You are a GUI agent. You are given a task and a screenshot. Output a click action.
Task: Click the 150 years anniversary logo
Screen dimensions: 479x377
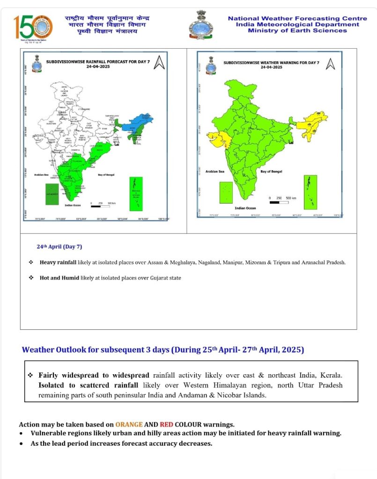[33, 27]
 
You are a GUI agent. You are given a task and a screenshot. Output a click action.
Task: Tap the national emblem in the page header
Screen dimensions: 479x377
[201, 24]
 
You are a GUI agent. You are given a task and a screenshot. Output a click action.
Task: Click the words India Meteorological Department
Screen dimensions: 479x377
[297, 24]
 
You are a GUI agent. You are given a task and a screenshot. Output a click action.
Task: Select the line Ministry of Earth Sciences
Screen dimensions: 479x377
[297, 30]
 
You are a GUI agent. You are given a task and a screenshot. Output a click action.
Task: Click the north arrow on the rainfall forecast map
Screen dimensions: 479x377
[160, 62]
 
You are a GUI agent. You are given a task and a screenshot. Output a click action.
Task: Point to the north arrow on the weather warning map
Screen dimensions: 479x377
[331, 64]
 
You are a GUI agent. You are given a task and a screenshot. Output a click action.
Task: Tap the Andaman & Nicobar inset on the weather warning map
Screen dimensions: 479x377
[310, 192]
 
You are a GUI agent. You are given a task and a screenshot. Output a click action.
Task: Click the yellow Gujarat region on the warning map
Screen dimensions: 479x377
[217, 138]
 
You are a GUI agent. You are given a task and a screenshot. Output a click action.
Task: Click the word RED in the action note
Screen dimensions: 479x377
[166, 425]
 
